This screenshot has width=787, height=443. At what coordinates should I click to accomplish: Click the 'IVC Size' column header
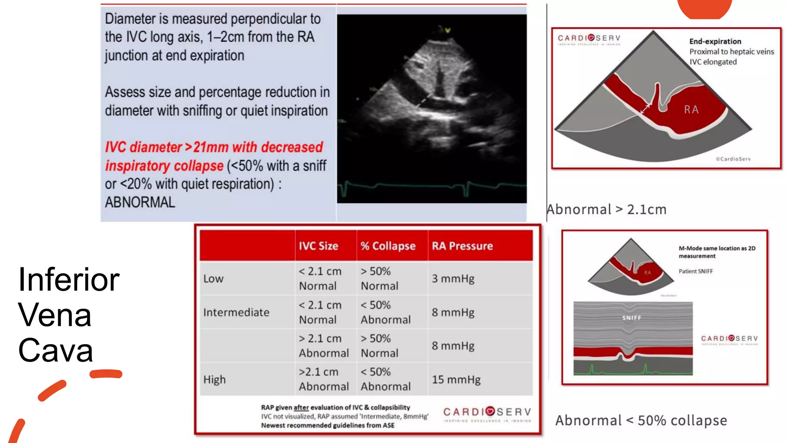coord(318,246)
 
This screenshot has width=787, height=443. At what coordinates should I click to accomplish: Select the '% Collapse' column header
coord(388,246)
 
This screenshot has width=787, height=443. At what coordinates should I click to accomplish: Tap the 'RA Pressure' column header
coord(462,246)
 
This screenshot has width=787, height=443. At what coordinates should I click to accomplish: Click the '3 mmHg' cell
coord(453,278)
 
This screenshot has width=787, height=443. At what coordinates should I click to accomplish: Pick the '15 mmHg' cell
coord(456,380)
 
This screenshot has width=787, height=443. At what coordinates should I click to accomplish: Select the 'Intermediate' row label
coord(236,312)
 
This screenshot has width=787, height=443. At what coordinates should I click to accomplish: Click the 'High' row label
coord(214,380)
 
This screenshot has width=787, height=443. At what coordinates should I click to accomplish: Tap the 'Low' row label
coord(213,278)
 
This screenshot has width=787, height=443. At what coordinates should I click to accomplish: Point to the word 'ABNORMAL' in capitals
coord(140,202)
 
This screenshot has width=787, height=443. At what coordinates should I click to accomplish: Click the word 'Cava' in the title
coord(56,350)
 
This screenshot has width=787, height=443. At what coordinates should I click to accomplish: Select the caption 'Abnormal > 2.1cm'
coord(606,210)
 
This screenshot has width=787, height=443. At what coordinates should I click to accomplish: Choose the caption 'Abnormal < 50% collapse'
coord(641,421)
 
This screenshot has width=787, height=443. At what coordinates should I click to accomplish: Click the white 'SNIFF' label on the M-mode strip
coord(631,318)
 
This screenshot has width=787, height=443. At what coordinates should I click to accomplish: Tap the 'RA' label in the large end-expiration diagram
coord(691,110)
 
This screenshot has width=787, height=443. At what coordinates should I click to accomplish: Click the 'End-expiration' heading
coord(715,42)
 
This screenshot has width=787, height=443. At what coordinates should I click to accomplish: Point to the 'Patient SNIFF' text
coord(696,271)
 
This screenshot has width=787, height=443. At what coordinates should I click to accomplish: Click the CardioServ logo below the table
coord(487,414)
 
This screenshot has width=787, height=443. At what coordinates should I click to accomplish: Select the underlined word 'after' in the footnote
coord(301,408)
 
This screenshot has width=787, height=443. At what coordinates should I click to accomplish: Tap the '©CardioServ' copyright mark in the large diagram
coord(733,159)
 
